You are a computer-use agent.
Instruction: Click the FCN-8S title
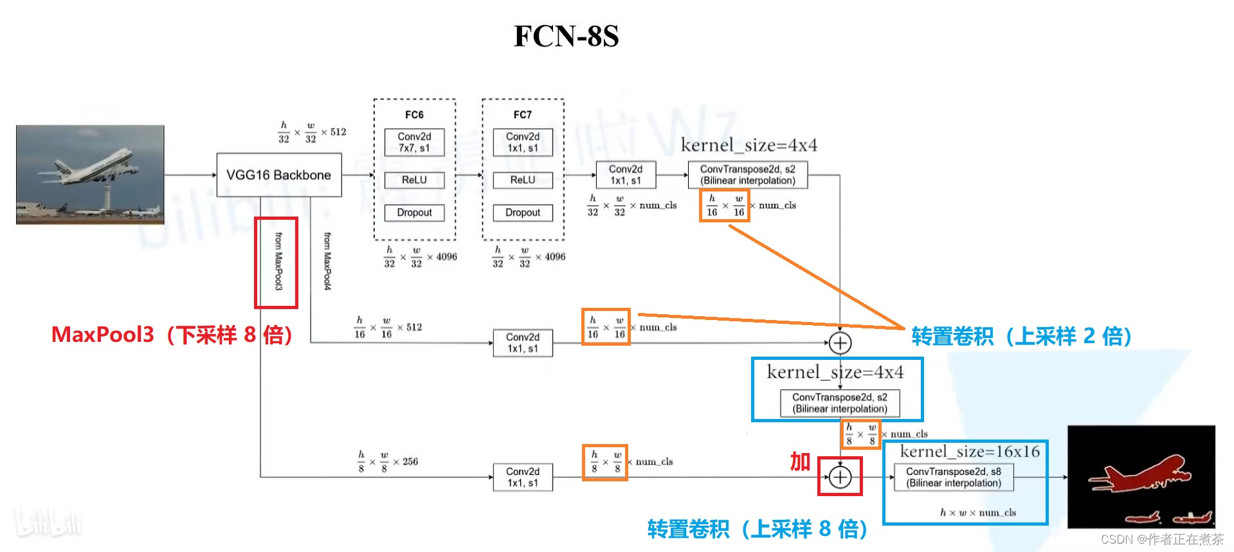pyautogui.click(x=566, y=36)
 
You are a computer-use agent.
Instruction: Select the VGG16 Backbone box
pyautogui.click(x=278, y=175)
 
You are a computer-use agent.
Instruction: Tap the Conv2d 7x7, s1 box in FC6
pyautogui.click(x=414, y=142)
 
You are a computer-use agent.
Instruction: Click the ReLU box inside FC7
pyautogui.click(x=522, y=180)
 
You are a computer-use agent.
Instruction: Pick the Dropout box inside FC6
pyautogui.click(x=414, y=213)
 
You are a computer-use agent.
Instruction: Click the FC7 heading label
pyautogui.click(x=522, y=115)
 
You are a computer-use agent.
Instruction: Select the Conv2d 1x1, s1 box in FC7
pyautogui.click(x=522, y=142)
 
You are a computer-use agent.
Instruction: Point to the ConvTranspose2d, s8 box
pyautogui.click(x=953, y=477)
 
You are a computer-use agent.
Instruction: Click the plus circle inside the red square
pyautogui.click(x=840, y=477)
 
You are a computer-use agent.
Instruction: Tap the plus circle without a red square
pyautogui.click(x=840, y=343)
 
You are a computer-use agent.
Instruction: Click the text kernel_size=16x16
pyautogui.click(x=969, y=451)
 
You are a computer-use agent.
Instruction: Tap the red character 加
pyautogui.click(x=800, y=461)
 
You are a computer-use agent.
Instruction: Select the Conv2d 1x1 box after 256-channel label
pyautogui.click(x=522, y=477)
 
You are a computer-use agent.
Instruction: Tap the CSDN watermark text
pyautogui.click(x=1161, y=539)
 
